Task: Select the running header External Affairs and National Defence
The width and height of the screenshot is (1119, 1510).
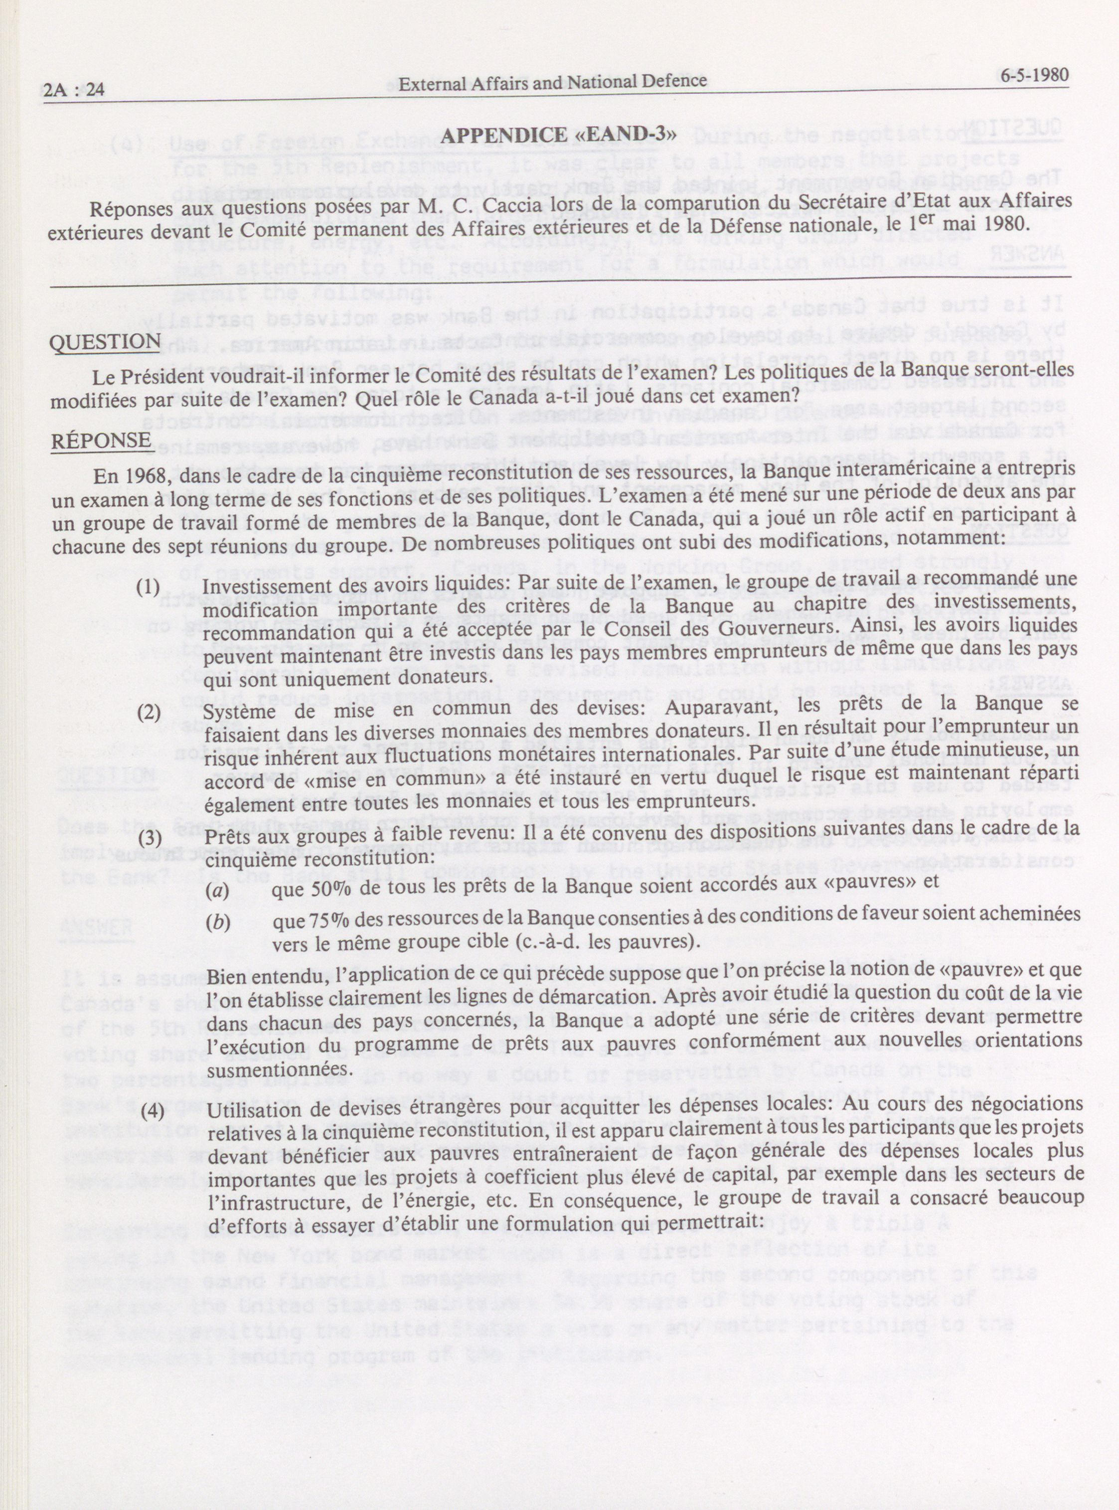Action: point(553,82)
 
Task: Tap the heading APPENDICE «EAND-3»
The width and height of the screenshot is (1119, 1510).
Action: point(558,136)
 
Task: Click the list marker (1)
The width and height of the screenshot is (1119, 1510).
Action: point(149,587)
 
